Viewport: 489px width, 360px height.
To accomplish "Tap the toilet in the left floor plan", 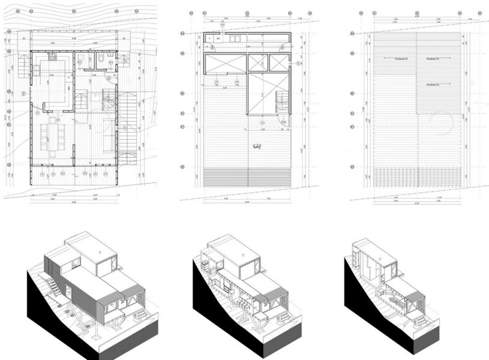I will [x=103, y=59].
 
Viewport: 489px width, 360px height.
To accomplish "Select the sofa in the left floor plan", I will [x=109, y=134].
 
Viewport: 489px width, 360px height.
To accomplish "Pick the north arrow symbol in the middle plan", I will [x=258, y=146].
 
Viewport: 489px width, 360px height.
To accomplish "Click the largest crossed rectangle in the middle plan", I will [x=267, y=94].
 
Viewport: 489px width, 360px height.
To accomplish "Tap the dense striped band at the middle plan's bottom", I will [x=247, y=176].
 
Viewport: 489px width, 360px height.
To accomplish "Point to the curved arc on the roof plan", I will [x=445, y=124].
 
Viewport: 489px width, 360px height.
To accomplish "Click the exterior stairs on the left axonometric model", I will [x=53, y=287].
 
